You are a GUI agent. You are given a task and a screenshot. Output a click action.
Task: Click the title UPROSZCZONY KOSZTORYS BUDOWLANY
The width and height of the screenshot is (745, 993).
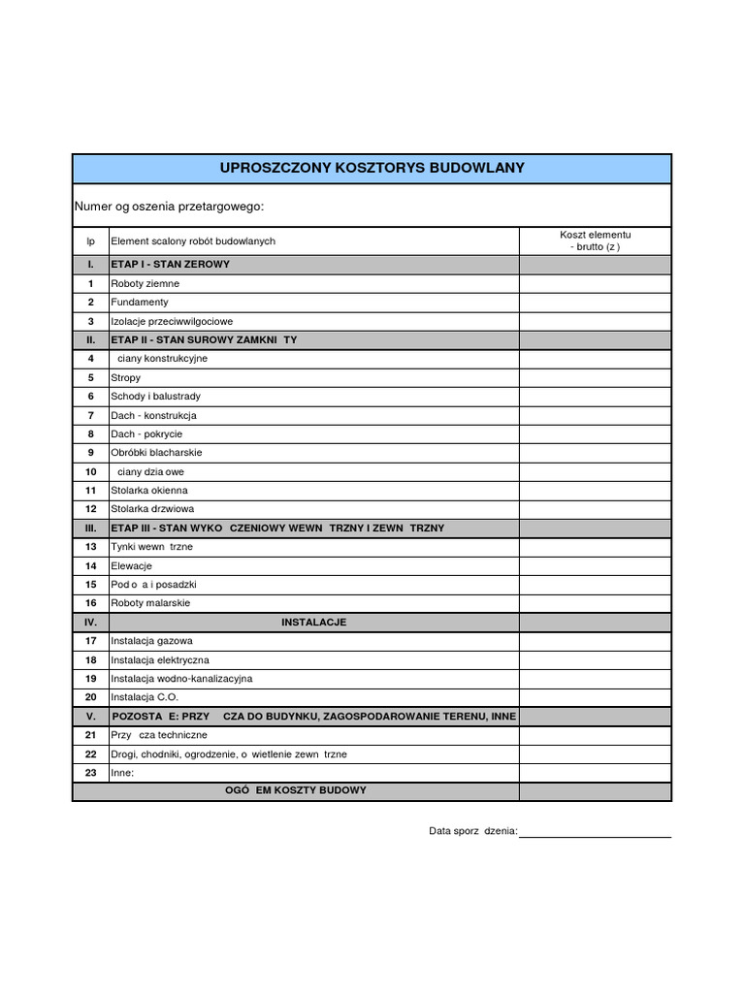pyautogui.click(x=372, y=168)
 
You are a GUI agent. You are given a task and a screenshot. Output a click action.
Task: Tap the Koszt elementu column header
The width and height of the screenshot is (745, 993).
pyautogui.click(x=595, y=240)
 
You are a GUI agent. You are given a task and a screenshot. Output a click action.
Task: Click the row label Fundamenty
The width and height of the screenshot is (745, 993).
pyautogui.click(x=141, y=303)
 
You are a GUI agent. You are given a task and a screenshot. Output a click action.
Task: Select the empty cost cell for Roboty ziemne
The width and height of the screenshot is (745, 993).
pyautogui.click(x=595, y=283)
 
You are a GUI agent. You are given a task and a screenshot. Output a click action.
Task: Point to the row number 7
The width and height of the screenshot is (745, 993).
pyautogui.click(x=90, y=415)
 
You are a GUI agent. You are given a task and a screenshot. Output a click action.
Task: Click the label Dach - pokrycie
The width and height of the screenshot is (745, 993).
pyautogui.click(x=146, y=433)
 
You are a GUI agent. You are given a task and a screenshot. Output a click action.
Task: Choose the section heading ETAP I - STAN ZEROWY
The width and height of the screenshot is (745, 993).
pyautogui.click(x=171, y=264)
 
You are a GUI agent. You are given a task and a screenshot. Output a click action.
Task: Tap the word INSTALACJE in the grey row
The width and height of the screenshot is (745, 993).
pyautogui.click(x=313, y=622)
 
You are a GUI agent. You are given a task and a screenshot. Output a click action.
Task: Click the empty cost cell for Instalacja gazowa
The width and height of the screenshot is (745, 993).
pyautogui.click(x=595, y=641)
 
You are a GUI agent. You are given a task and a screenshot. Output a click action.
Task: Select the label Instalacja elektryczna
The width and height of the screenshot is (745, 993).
pyautogui.click(x=160, y=659)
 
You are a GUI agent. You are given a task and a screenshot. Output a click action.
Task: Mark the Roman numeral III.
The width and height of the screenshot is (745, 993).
pyautogui.click(x=90, y=528)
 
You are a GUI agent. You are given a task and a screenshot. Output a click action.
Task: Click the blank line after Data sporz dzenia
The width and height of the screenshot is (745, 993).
pyautogui.click(x=595, y=830)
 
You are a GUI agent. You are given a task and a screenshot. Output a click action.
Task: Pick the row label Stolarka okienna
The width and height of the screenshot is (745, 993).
pyautogui.click(x=149, y=490)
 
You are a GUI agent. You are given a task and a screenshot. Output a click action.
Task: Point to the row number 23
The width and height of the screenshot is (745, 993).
pyautogui.click(x=90, y=773)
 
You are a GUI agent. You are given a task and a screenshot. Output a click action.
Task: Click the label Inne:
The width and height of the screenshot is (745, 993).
pyautogui.click(x=121, y=773)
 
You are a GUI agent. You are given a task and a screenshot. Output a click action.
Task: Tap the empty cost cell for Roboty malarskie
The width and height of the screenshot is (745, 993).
pyautogui.click(x=595, y=603)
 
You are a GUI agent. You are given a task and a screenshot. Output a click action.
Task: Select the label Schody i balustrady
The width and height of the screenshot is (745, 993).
pyautogui.click(x=156, y=396)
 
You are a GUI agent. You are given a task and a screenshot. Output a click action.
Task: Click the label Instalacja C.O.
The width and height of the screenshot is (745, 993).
pyautogui.click(x=145, y=697)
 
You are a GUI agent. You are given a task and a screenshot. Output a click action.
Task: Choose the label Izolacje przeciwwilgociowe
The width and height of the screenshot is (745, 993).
pyautogui.click(x=172, y=321)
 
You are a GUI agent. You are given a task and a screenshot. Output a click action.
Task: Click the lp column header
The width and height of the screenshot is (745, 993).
pyautogui.click(x=90, y=240)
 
